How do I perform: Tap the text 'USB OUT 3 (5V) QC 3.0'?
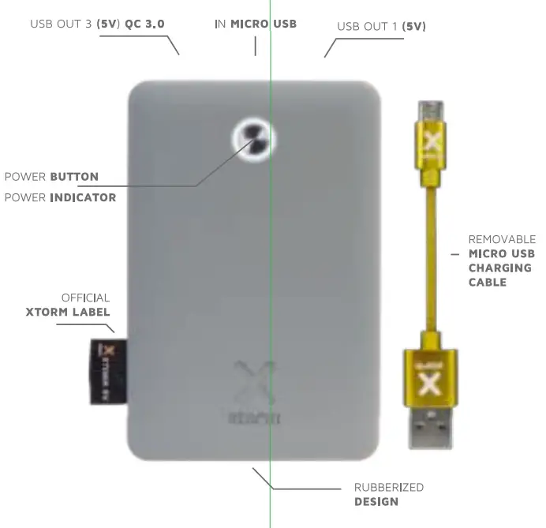coord(97,24)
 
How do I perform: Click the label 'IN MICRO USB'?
coord(256,24)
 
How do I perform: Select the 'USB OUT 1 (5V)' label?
coord(381,26)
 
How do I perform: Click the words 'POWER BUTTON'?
coord(52,176)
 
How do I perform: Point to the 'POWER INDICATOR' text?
coord(60,197)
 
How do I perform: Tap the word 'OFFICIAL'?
coord(85,298)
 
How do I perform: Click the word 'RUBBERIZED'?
coord(388,487)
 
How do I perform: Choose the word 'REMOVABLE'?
coord(502,239)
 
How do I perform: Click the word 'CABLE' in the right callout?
coord(488,282)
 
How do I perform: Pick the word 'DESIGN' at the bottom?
coord(376,501)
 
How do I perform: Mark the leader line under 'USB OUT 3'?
coord(172,44)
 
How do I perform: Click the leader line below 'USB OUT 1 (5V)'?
coord(330,47)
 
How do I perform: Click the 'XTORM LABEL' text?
coord(67,312)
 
